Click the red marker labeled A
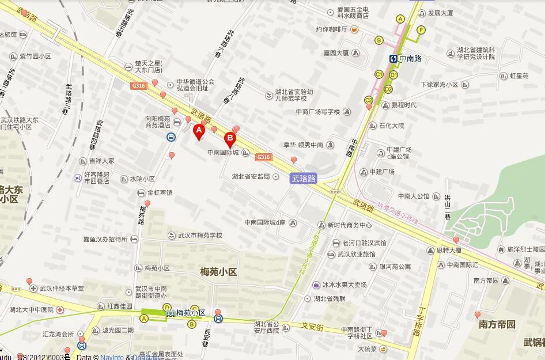[199, 132]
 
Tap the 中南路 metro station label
[406, 58]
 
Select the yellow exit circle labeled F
[421, 30]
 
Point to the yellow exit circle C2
[369, 99]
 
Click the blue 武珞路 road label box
[303, 179]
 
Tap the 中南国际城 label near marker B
[223, 153]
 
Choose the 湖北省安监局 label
[251, 176]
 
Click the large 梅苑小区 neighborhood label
[218, 272]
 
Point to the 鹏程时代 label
[403, 105]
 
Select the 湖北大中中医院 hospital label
[31, 309]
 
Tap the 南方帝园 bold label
[497, 324]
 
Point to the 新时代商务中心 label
[349, 225]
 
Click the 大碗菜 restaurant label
[366, 348]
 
